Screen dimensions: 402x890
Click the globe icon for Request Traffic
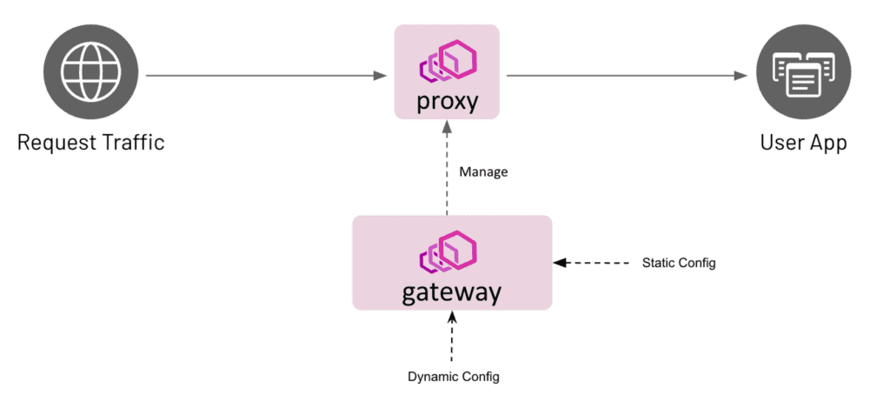click(x=90, y=76)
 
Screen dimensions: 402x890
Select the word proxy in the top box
click(x=447, y=101)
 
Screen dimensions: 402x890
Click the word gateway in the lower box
click(x=451, y=291)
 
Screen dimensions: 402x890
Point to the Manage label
click(x=483, y=172)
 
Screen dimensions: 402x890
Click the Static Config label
click(x=678, y=263)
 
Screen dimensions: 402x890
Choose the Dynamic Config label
click(x=454, y=377)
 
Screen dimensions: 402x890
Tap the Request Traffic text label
click(x=90, y=141)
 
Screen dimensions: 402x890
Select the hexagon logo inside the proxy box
click(x=448, y=63)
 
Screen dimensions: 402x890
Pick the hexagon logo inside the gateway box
click(x=451, y=252)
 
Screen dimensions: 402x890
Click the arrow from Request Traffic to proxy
click(x=266, y=76)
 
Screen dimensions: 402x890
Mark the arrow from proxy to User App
click(x=627, y=76)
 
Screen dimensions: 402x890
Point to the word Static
click(x=658, y=263)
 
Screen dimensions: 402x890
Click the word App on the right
click(x=827, y=142)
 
